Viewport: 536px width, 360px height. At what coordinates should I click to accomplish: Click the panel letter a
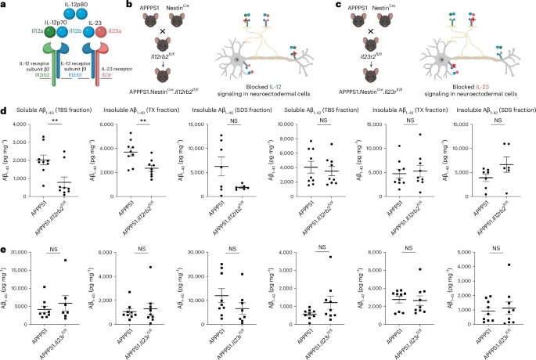pos(4,5)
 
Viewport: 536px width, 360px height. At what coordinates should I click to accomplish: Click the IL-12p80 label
pos(54,6)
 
